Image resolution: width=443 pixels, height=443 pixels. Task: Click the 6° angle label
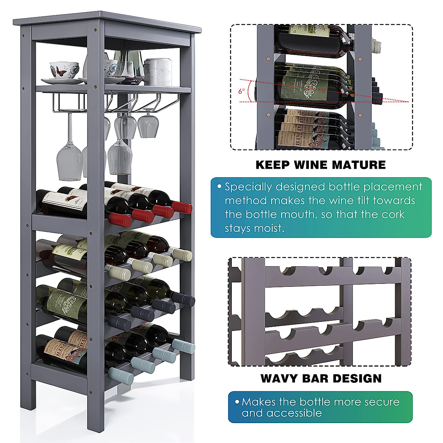coord(241,91)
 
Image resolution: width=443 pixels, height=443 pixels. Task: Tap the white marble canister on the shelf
coord(158,72)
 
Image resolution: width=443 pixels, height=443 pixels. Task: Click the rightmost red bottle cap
coord(183,208)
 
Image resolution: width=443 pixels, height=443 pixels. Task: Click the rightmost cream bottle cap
coord(182,255)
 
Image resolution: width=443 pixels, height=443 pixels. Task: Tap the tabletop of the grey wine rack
coord(107,22)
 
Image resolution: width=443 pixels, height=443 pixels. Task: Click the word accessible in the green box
coord(282,413)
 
